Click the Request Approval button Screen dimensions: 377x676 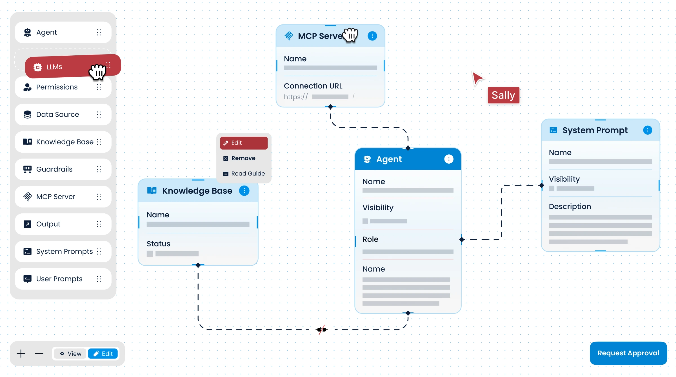pos(628,353)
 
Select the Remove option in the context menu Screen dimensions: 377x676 pos(243,158)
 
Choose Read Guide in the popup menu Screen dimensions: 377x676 pos(248,174)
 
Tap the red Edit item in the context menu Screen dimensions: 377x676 pos(244,143)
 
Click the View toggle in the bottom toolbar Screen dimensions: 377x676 pos(71,354)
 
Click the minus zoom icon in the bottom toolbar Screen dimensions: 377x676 pos(39,354)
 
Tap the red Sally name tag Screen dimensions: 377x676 pos(503,95)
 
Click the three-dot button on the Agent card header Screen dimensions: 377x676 pos(449,159)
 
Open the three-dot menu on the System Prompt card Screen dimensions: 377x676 pos(648,130)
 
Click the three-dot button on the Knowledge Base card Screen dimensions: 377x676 pos(244,191)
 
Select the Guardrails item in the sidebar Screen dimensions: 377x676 pos(54,169)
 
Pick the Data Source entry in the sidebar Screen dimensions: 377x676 pos(57,114)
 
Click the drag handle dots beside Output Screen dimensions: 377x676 pos(99,224)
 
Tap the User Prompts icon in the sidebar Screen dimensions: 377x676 pos(27,279)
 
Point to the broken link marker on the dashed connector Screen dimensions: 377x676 pos(322,329)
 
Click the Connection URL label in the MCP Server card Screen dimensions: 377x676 pos(313,86)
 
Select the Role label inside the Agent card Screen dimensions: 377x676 pos(370,239)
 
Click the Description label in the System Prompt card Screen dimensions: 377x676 pos(570,207)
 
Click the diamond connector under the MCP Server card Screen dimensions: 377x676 pos(330,107)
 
